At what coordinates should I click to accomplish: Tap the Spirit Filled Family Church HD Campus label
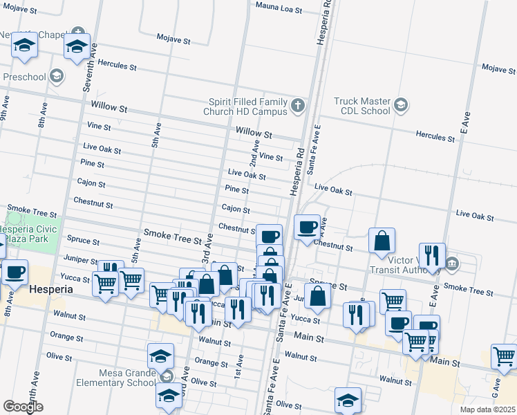pos(247,106)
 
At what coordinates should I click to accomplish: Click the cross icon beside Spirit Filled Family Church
pos(297,105)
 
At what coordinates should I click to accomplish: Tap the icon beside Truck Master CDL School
pos(400,105)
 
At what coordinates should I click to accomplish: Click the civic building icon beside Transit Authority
pos(453,263)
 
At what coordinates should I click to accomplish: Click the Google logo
pos(23,407)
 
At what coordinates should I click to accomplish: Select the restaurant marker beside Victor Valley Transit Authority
pos(432,256)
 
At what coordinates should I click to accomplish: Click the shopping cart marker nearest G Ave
pos(504,357)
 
